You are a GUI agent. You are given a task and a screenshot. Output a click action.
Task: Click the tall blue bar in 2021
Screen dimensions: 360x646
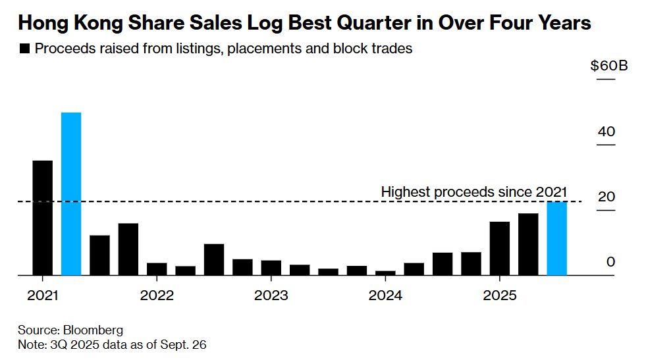coord(71,193)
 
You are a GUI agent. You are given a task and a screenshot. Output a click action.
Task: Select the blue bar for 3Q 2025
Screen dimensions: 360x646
coord(557,238)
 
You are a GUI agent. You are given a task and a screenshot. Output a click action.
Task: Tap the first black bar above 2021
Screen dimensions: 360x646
coord(43,217)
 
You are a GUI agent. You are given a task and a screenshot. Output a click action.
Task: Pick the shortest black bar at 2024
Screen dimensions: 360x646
coord(385,272)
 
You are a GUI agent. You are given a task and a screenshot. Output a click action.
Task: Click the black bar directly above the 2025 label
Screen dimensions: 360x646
coord(500,248)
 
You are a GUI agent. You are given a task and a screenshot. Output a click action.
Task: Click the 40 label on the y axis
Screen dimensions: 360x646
coord(606,132)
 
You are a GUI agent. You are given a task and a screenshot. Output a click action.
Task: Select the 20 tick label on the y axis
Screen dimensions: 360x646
coord(606,197)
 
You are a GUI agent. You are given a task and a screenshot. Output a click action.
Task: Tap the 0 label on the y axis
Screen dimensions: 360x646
coord(610,262)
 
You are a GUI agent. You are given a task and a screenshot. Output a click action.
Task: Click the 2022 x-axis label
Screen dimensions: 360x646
coord(157,296)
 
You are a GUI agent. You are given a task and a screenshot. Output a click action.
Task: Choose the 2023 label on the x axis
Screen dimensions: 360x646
coord(271,296)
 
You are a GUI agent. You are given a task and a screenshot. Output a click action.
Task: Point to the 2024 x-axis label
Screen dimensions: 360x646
coord(385,296)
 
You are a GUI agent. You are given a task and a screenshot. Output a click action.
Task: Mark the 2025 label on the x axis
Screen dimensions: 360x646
coord(500,296)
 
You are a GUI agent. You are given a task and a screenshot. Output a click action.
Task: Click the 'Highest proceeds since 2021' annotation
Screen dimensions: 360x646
coord(473,192)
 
